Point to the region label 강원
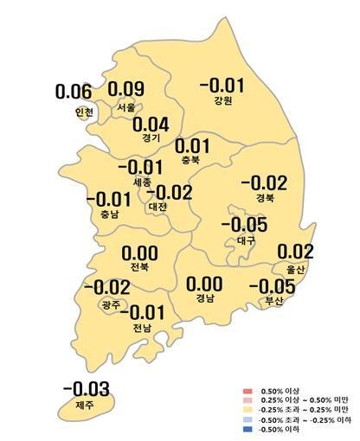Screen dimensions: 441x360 222,100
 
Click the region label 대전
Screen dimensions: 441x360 157,207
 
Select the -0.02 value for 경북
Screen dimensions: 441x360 263,182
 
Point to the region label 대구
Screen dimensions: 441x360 245,240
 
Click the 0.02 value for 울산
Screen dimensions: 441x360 296,252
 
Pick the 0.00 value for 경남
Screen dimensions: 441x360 204,284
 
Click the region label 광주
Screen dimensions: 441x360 111,304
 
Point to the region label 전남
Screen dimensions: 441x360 141,328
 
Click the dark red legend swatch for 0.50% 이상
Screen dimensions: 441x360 247,392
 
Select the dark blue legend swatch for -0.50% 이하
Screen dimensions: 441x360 247,430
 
